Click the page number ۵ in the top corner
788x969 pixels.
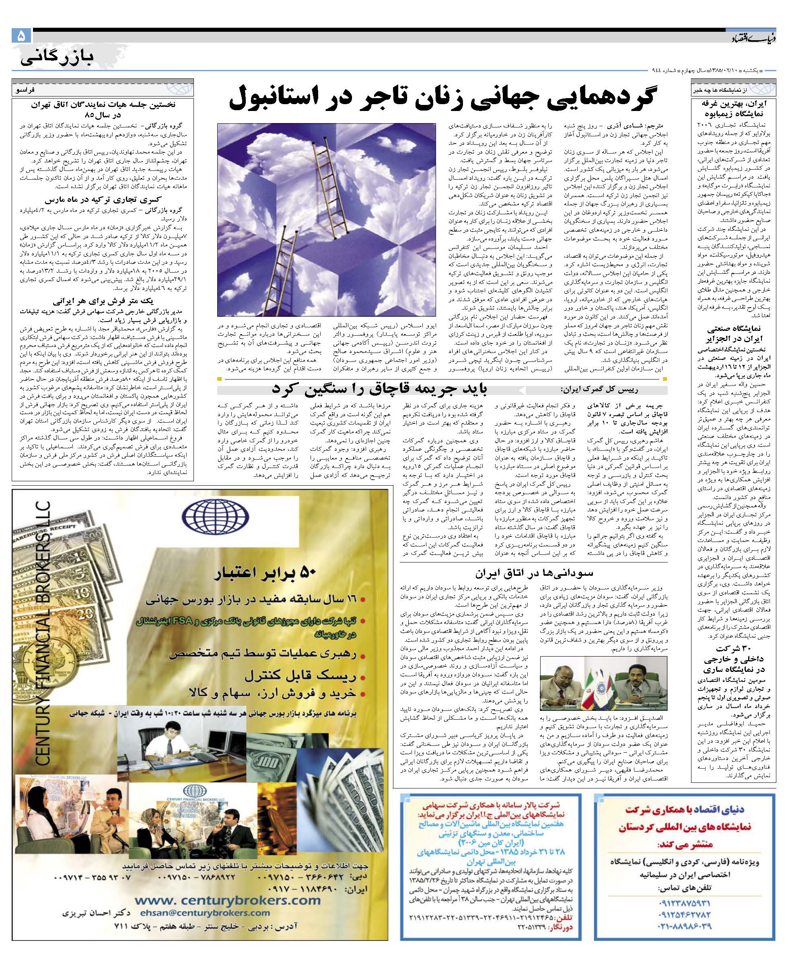click(x=21, y=35)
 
